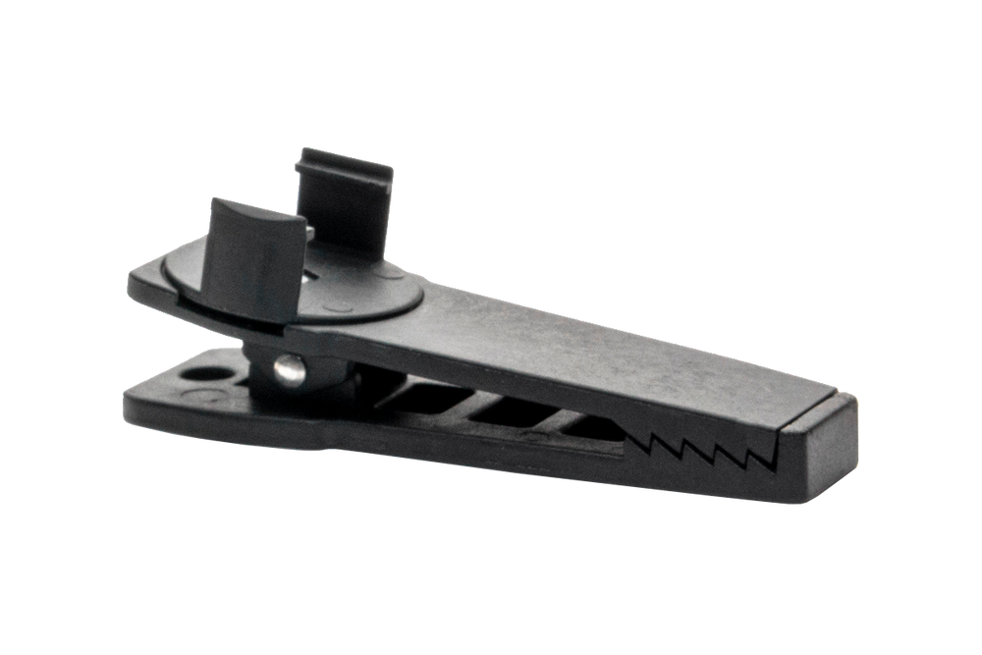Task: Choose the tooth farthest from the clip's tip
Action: [x=647, y=441]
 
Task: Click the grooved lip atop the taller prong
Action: [x=346, y=163]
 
